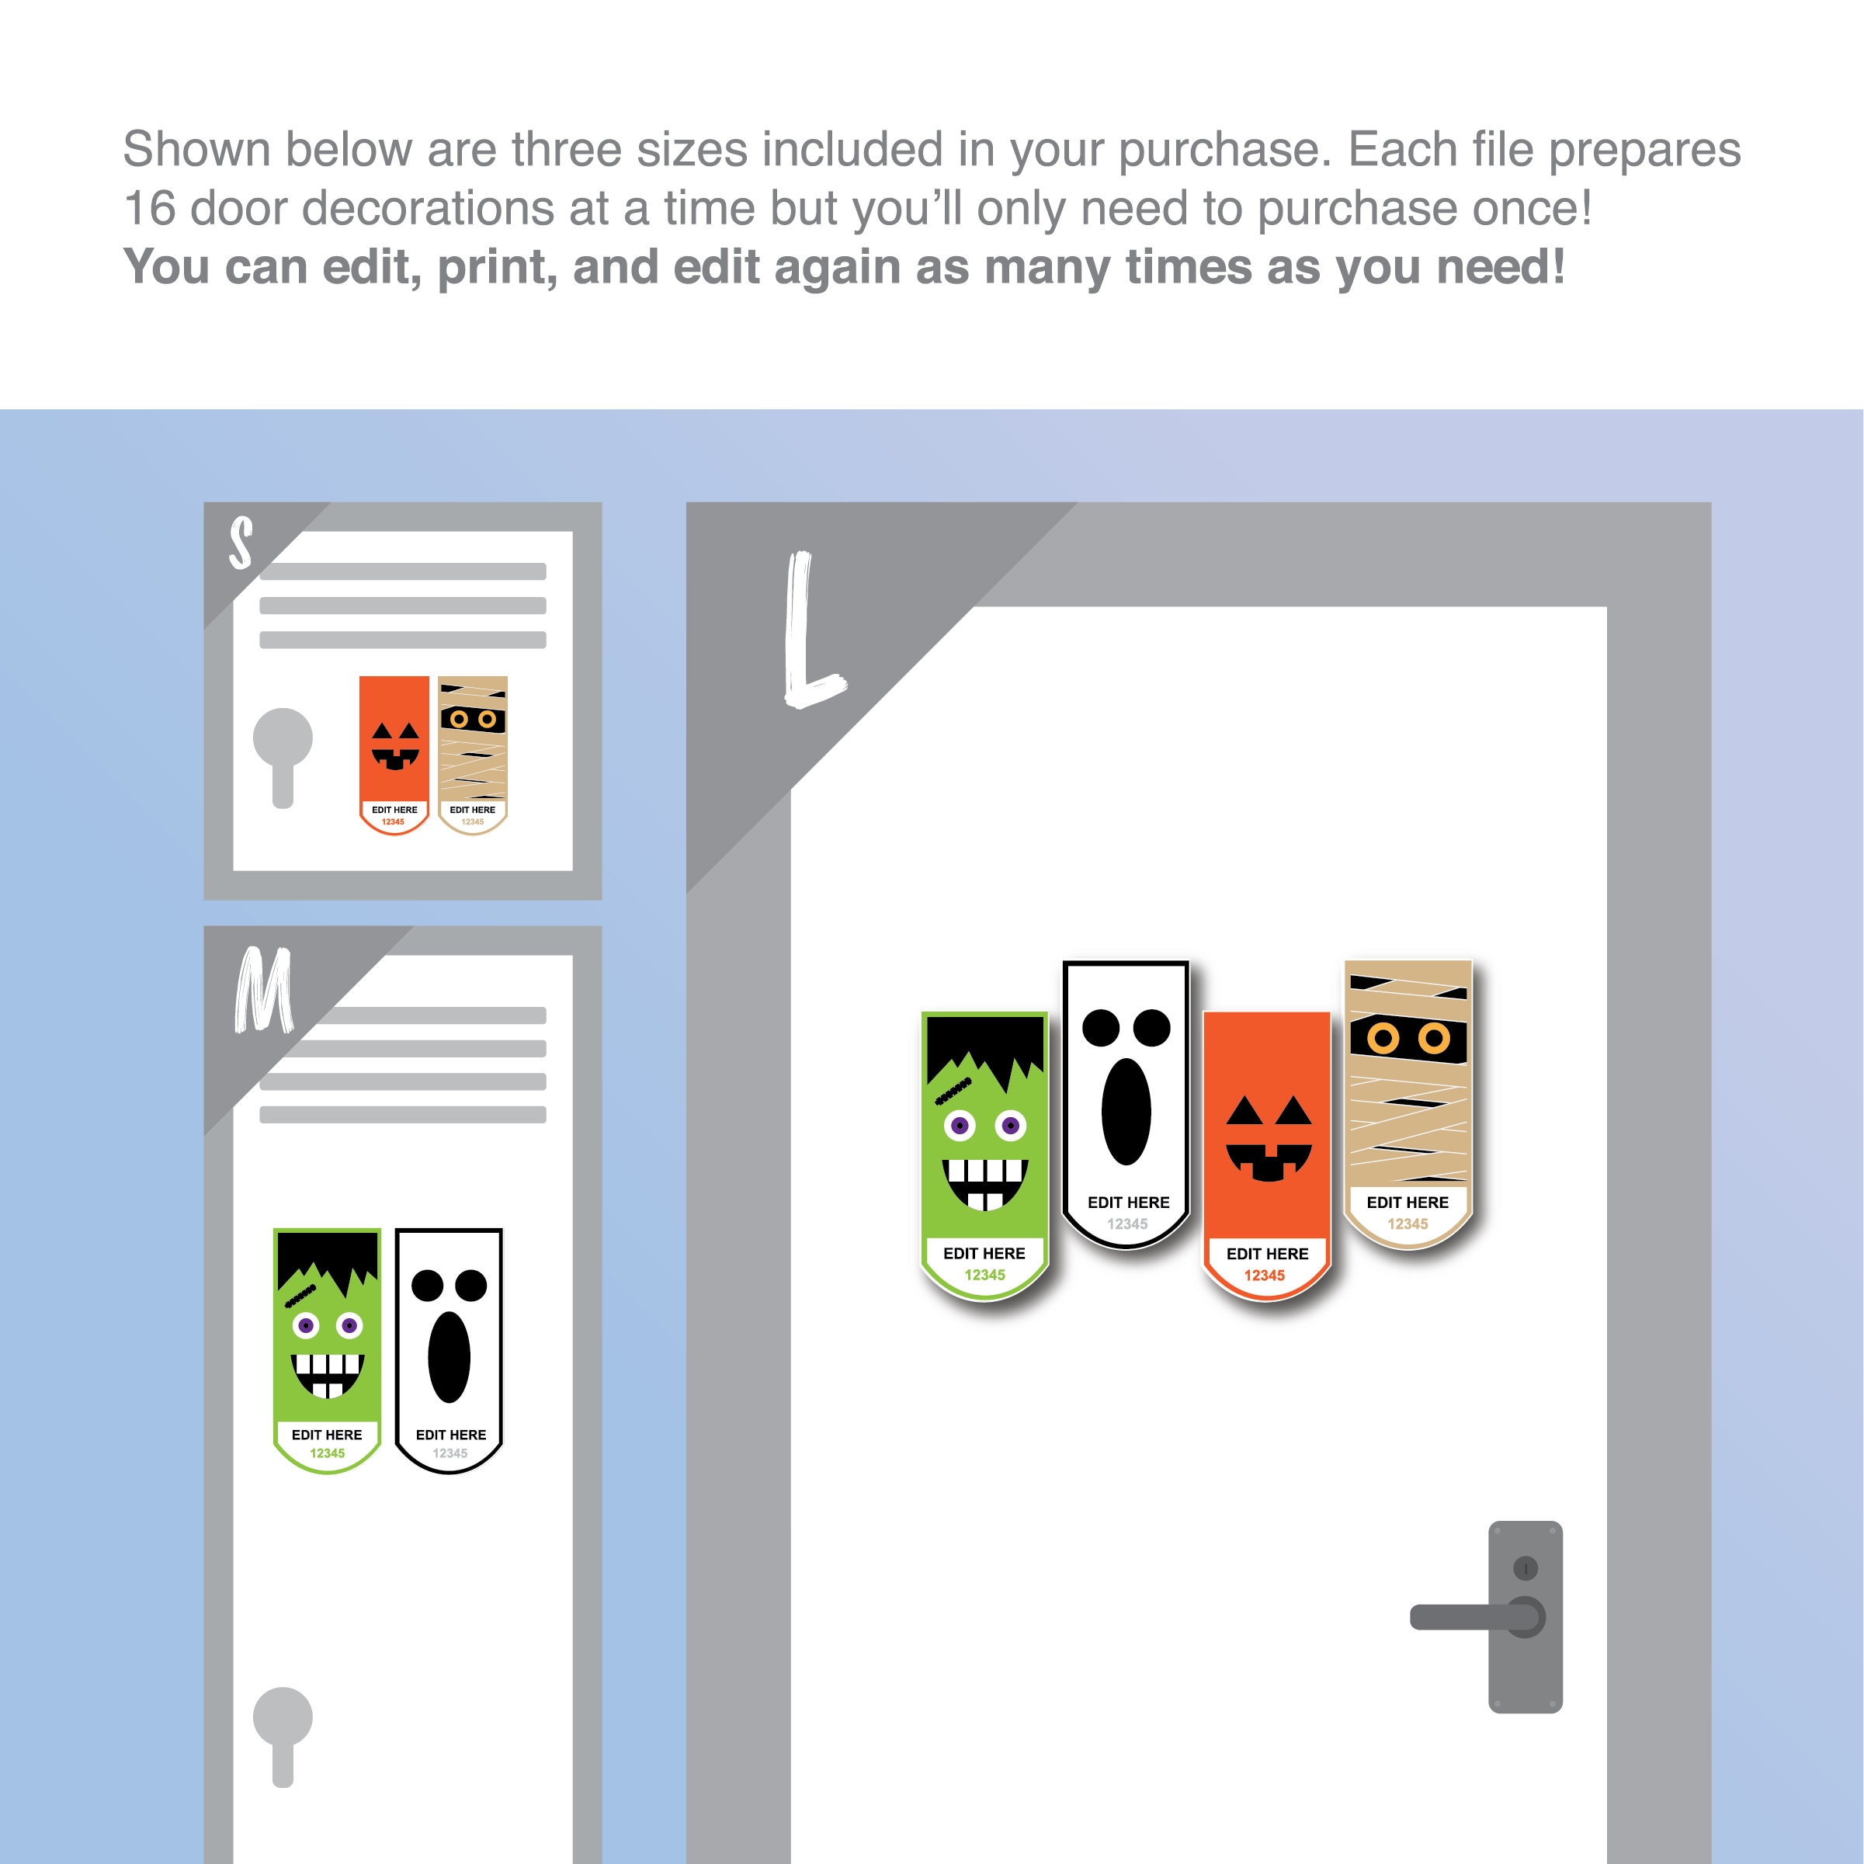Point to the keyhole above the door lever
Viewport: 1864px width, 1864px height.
click(1526, 1567)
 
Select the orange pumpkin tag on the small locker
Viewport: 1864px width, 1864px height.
click(394, 755)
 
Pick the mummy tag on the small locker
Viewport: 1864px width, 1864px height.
click(473, 755)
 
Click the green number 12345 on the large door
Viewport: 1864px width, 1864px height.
click(985, 1275)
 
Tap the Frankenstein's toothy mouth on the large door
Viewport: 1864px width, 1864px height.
click(985, 1184)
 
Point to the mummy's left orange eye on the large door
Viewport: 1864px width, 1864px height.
click(1383, 1038)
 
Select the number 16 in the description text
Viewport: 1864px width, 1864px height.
click(150, 208)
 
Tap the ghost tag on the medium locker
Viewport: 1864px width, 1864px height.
click(449, 1351)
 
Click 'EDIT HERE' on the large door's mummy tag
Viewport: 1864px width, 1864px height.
click(1408, 1202)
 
